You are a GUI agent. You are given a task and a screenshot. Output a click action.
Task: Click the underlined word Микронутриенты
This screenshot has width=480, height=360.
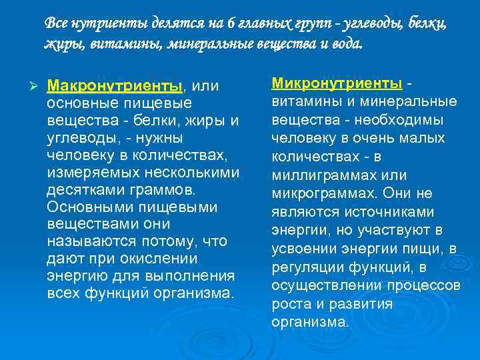coord(336,84)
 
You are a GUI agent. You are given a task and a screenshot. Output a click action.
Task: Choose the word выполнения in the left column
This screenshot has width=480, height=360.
coord(195,275)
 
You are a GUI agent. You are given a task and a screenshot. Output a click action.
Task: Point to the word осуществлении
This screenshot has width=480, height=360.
coord(327,285)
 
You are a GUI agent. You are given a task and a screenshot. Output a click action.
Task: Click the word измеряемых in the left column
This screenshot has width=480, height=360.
coord(87,172)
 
